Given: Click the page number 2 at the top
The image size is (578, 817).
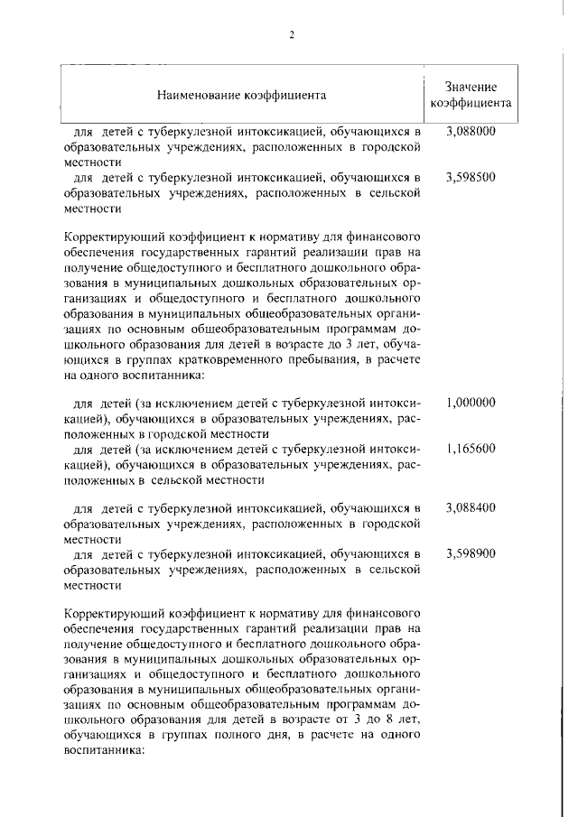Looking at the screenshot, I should tap(292, 35).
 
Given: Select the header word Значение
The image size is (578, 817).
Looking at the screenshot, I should tap(471, 87).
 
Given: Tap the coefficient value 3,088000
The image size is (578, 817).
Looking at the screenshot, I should tap(471, 131).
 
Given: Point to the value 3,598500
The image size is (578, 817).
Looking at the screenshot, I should tap(471, 177).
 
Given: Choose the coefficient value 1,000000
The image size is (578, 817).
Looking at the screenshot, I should tap(471, 402).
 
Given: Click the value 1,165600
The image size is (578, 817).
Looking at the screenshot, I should tap(471, 448).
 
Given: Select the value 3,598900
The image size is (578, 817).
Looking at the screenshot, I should tap(471, 553).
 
